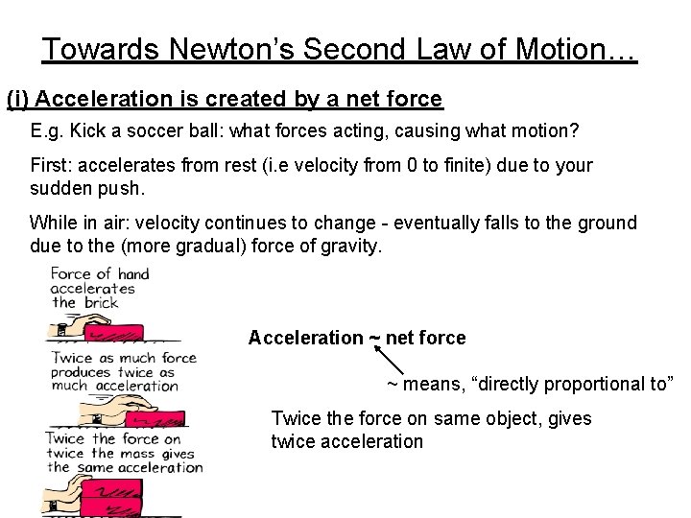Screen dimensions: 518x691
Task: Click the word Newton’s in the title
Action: pyautogui.click(x=212, y=49)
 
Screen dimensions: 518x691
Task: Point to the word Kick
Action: pyautogui.click(x=89, y=130)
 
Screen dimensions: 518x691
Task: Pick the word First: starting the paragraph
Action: pyautogui.click(x=54, y=165)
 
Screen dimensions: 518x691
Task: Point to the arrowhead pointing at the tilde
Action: pyautogui.click(x=376, y=350)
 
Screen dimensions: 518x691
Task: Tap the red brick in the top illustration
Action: pyautogui.click(x=114, y=332)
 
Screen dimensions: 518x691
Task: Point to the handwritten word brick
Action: pyautogui.click(x=100, y=302)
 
